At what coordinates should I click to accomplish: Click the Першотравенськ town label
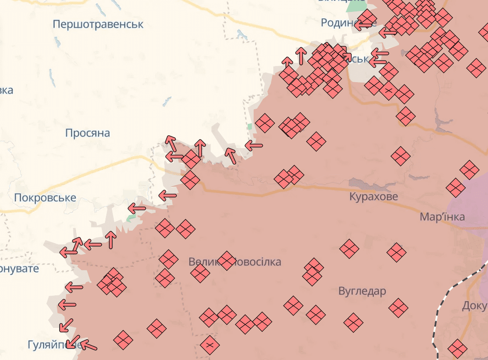click(98, 24)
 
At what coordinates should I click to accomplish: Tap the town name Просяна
click(88, 133)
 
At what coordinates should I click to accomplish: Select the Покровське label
click(45, 198)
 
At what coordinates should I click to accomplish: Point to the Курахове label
click(373, 197)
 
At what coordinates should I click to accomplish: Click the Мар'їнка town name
click(442, 217)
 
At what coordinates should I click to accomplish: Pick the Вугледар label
click(362, 291)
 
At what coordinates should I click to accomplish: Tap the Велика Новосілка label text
click(235, 262)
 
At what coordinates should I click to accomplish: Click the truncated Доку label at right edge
click(475, 305)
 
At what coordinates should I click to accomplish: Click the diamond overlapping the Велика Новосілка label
click(227, 260)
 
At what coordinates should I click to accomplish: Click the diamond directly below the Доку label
click(457, 349)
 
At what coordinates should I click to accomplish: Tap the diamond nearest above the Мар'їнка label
click(455, 188)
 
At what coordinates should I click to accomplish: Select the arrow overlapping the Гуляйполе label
click(71, 342)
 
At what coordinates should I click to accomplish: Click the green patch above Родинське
click(355, 6)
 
